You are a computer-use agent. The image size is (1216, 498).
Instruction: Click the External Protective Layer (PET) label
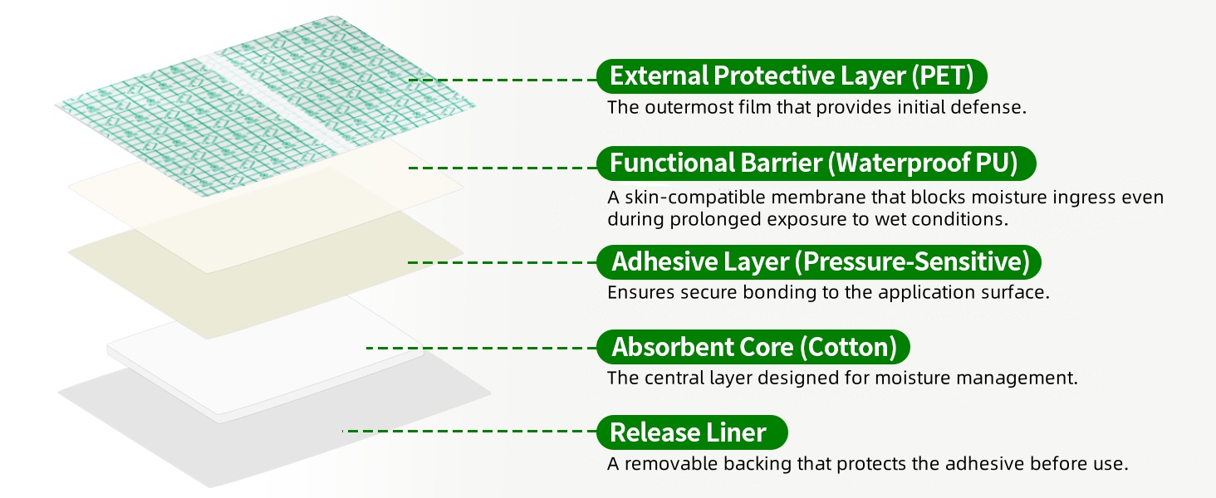pyautogui.click(x=792, y=76)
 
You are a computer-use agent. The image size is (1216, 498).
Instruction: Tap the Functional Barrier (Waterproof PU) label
pyautogui.click(x=816, y=164)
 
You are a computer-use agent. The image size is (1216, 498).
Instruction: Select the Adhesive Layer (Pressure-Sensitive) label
pyautogui.click(x=819, y=262)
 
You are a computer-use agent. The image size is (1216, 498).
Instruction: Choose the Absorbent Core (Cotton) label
pyautogui.click(x=753, y=347)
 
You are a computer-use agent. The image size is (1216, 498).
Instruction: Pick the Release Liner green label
pyautogui.click(x=692, y=432)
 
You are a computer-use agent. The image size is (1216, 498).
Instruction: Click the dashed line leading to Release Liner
pyautogui.click(x=469, y=432)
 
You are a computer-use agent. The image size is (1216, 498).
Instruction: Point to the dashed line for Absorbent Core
pyautogui.click(x=482, y=348)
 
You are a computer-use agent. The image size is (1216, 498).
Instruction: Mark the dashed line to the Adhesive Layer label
pyautogui.click(x=503, y=262)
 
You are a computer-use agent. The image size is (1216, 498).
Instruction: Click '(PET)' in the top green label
pyautogui.click(x=943, y=76)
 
